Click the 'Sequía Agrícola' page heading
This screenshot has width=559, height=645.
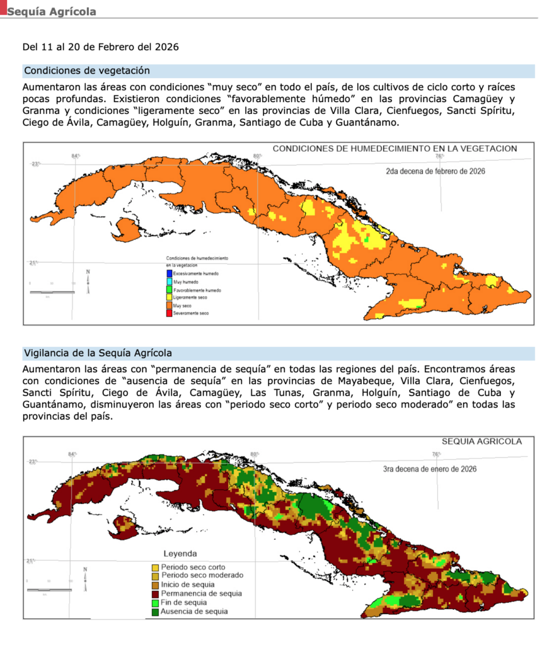(52, 12)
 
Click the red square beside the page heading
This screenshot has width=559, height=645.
(3, 8)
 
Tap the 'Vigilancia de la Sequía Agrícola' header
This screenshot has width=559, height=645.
(98, 353)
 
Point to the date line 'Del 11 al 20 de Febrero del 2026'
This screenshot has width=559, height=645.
(100, 47)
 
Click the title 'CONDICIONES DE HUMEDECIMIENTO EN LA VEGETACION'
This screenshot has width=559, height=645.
(394, 149)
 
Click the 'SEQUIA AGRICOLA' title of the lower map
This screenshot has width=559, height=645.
(482, 442)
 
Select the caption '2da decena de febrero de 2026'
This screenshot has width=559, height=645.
(435, 171)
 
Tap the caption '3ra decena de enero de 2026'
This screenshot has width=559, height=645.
(429, 469)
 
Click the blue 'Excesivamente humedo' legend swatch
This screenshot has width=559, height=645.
(169, 273)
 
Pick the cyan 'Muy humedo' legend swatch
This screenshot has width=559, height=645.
(169, 282)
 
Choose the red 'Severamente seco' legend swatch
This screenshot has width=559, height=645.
(169, 313)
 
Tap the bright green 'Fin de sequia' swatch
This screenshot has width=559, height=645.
(156, 602)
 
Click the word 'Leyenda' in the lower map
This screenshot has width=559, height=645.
(180, 554)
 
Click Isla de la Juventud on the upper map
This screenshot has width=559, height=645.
(129, 229)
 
